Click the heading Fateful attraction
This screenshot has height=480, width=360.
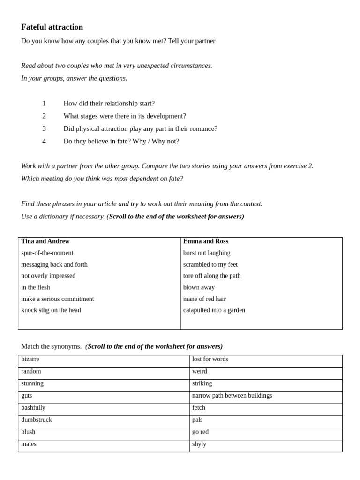(52, 27)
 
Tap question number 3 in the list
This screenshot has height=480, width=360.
(44, 128)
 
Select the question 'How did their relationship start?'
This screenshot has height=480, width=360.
(109, 103)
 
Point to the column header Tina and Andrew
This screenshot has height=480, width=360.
(45, 241)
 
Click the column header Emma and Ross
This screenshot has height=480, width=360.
(206, 241)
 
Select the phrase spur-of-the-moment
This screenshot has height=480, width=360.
(47, 253)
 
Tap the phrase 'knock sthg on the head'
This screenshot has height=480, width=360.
(51, 310)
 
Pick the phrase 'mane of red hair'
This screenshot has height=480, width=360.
(204, 299)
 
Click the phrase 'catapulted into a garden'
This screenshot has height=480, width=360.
(214, 310)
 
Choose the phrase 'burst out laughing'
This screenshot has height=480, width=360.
(207, 253)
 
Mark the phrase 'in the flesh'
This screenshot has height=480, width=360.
(36, 287)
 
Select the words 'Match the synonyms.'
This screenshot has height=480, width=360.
(51, 346)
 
